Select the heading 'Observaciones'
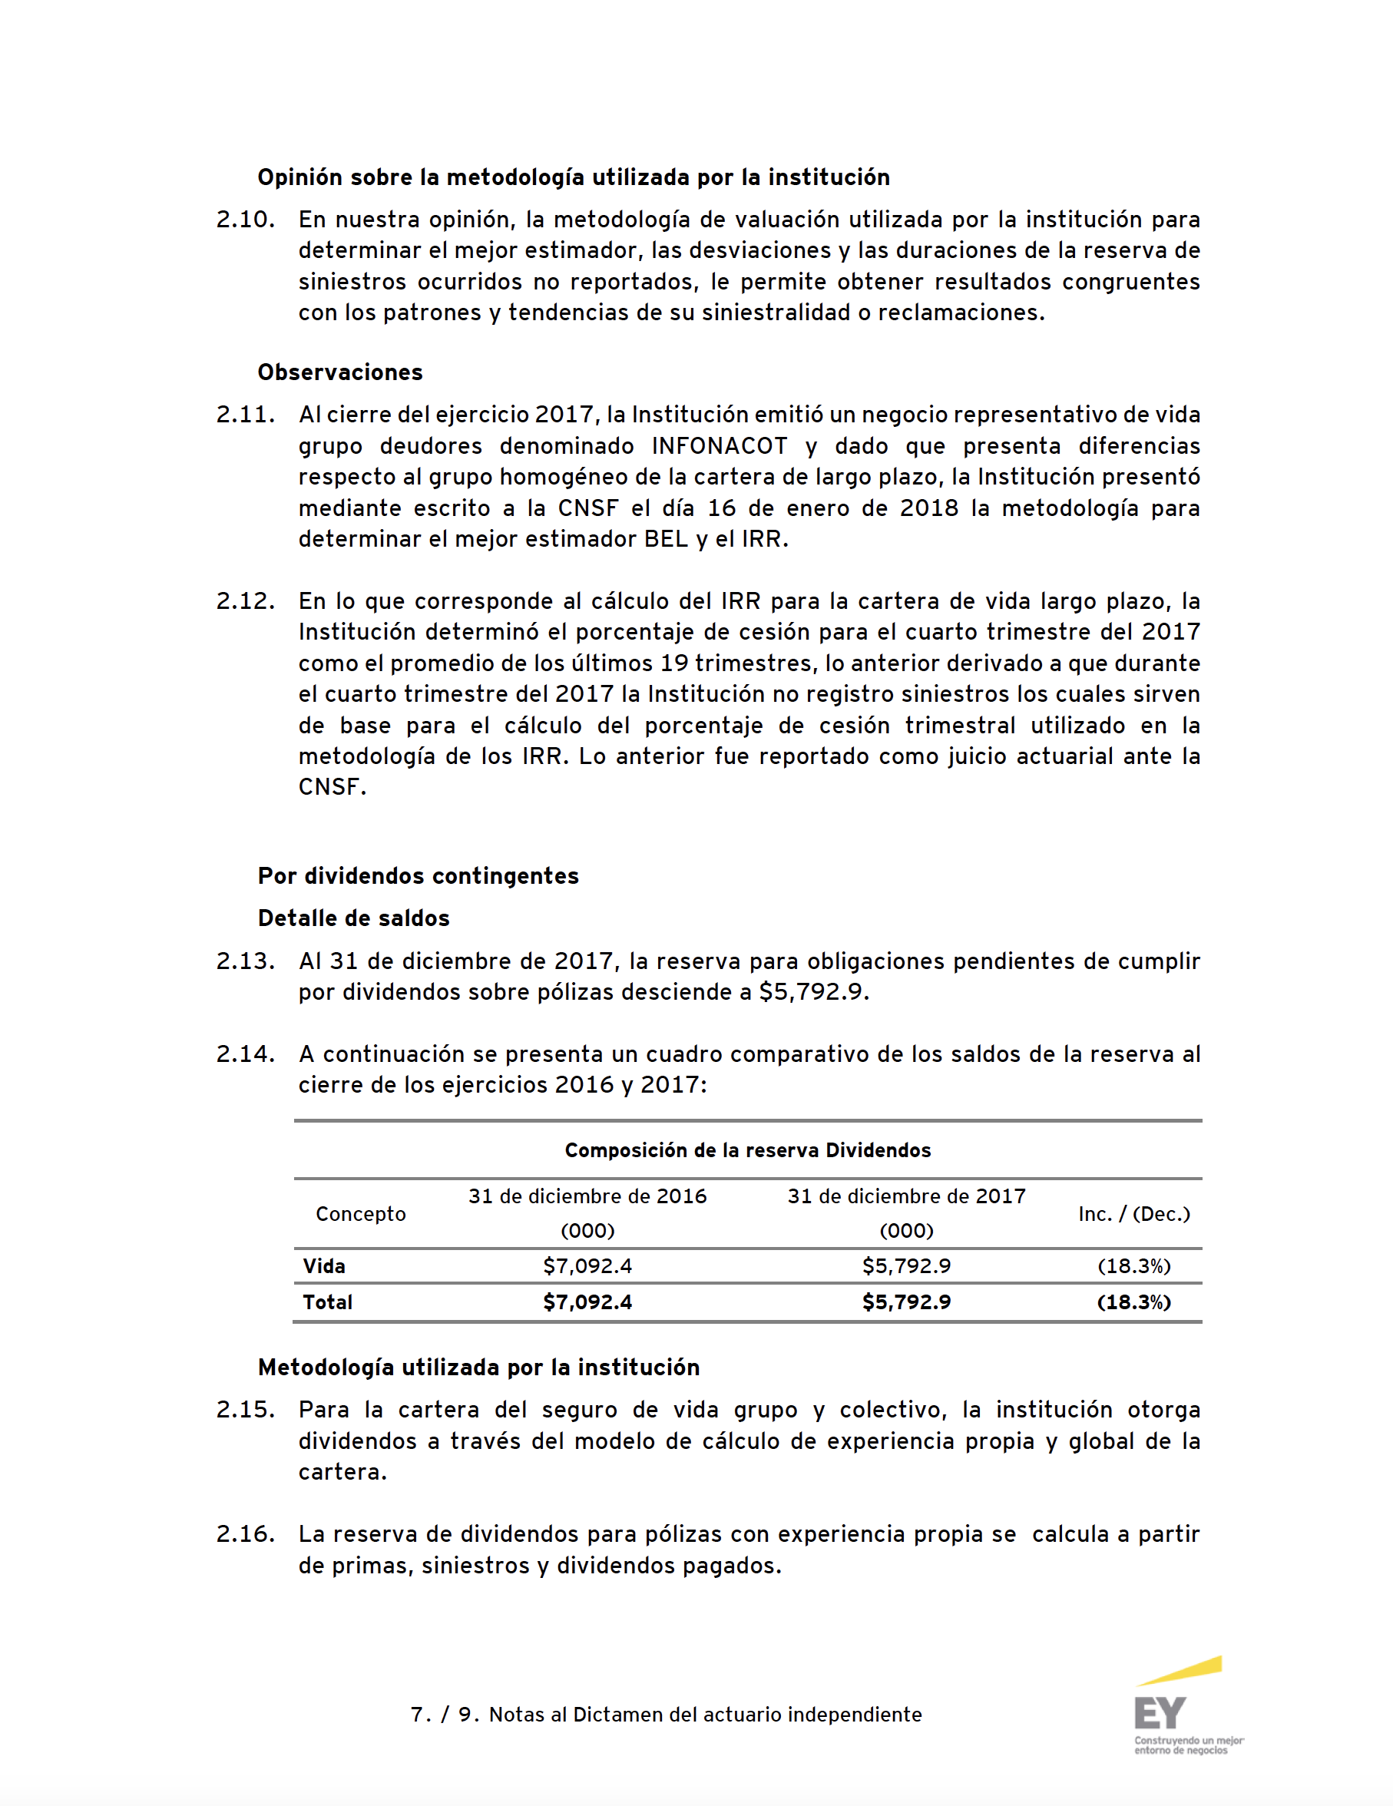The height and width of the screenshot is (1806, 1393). tap(340, 372)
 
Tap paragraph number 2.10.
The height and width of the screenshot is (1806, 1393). tap(245, 219)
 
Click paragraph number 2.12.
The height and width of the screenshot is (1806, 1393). tap(245, 600)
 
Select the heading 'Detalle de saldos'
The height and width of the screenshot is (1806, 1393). tap(353, 918)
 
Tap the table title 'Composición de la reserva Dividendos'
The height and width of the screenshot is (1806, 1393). tap(748, 1150)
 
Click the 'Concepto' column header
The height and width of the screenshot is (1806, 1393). tap(361, 1214)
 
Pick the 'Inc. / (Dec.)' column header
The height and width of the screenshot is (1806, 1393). tap(1133, 1214)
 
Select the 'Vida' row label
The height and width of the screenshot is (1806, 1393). tap(324, 1266)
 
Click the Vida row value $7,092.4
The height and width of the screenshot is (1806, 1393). tap(587, 1266)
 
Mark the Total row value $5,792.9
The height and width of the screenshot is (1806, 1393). tap(907, 1302)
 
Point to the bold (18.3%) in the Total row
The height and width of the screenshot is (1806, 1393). tap(1133, 1302)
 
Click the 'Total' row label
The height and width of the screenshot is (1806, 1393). tap(328, 1302)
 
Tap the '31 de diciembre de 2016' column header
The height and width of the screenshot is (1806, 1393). tap(587, 1196)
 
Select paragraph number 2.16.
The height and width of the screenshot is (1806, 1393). tap(245, 1534)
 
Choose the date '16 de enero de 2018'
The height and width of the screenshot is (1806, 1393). tap(832, 508)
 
